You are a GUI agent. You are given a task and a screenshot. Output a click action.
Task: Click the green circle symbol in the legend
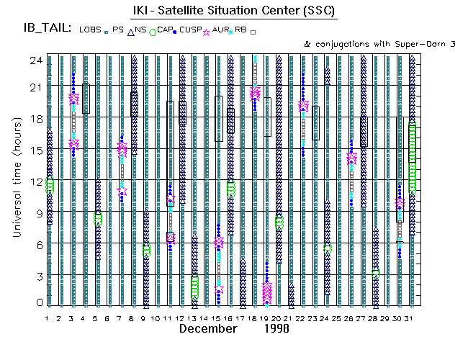(x=153, y=31)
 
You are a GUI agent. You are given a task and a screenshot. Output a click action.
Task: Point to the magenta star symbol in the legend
(x=208, y=31)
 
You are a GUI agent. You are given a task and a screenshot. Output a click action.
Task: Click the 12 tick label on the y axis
(x=35, y=181)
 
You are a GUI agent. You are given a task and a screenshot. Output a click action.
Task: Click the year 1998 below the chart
(x=276, y=328)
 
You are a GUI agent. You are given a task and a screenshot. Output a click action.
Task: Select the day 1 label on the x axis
(x=49, y=318)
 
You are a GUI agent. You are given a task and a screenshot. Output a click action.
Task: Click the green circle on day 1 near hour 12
(x=50, y=185)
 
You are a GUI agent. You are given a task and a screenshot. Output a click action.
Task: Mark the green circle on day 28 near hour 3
(x=375, y=274)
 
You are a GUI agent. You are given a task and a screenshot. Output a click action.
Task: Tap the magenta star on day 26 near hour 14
(x=351, y=158)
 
